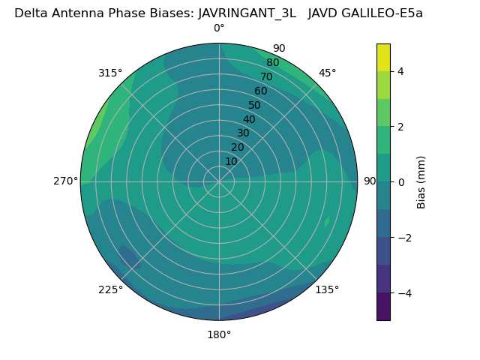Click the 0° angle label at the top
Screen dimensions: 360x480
[219, 28]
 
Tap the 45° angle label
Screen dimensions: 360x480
[328, 73]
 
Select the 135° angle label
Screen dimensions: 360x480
[327, 289]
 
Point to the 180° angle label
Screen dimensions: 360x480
[219, 334]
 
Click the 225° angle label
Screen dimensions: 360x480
[110, 290]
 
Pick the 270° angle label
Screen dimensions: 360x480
[66, 181]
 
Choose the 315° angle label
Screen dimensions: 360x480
[110, 73]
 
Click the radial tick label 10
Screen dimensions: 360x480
[231, 161]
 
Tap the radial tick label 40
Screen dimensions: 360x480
[249, 120]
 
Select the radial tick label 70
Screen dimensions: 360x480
[267, 77]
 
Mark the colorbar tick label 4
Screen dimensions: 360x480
[401, 71]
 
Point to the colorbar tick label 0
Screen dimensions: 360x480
[401, 182]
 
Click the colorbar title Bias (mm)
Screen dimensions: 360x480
[421, 182]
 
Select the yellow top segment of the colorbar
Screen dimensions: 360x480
[383, 57]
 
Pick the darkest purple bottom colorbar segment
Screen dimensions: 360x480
[383, 307]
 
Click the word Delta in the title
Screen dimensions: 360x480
[30, 13]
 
